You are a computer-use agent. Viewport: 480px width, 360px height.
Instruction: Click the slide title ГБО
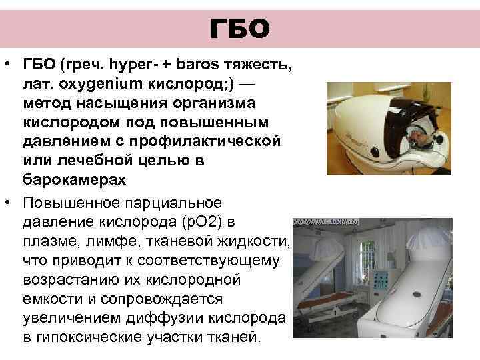coord(239,29)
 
